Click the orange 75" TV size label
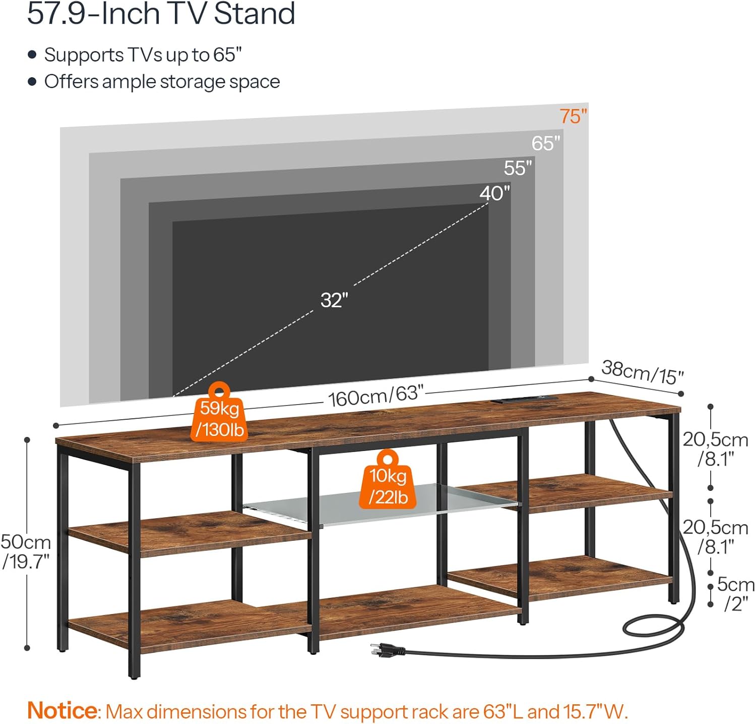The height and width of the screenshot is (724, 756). point(574,117)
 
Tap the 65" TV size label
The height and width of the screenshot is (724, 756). point(546,143)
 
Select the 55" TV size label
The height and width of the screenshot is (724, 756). point(518,168)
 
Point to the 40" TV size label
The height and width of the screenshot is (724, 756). point(494,193)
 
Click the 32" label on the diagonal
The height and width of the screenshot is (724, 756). point(334,300)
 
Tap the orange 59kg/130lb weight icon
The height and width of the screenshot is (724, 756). point(219,412)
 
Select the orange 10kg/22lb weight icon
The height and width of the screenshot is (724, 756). point(388,479)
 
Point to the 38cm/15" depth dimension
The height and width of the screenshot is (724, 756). point(642,372)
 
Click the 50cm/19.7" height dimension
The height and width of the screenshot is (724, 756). point(26,551)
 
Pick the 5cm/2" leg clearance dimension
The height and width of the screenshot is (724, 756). point(736,594)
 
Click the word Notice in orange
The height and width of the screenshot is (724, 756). point(62,710)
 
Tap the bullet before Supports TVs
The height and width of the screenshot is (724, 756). point(32,54)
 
